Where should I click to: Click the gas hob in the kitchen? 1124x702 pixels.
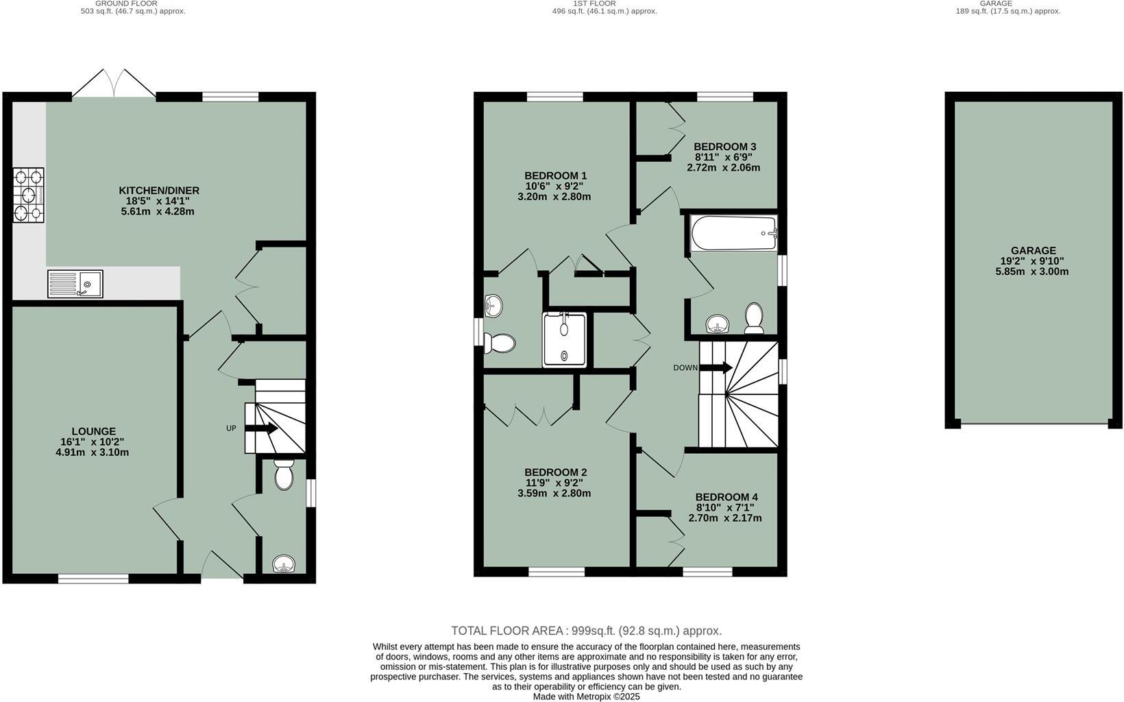point(28,195)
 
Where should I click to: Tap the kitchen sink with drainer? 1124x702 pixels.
point(75,284)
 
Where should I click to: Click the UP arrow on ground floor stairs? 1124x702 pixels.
point(261,428)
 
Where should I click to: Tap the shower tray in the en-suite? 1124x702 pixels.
point(565,340)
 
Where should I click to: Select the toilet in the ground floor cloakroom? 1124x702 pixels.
point(284,474)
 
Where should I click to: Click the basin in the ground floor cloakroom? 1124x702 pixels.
point(284,565)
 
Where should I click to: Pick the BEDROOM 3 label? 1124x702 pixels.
point(724,147)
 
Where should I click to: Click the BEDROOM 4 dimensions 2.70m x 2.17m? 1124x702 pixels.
point(724,518)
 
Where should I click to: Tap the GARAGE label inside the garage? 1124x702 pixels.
point(1033,251)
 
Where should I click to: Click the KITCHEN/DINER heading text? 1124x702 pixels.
point(159,191)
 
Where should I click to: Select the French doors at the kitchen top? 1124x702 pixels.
point(114,84)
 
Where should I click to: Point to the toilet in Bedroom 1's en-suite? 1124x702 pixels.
point(500,343)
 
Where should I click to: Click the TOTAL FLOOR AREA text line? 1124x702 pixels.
point(586,631)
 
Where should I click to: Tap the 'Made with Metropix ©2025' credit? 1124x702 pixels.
point(586,696)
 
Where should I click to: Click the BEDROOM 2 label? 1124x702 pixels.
point(555,472)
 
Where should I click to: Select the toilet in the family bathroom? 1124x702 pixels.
point(754,318)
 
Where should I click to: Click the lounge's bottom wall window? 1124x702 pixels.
point(93,579)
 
